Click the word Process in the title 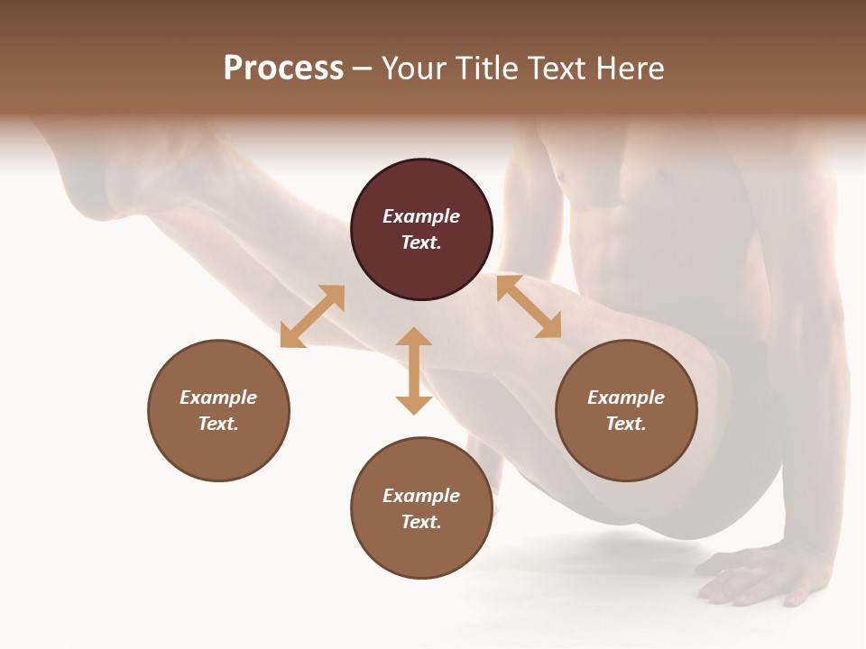coord(283,69)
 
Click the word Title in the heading coord(484,69)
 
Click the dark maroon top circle coord(421,230)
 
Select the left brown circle coord(218,410)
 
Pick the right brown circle coord(626,410)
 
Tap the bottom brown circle coord(421,507)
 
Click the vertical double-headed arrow coord(414,370)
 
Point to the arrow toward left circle coord(312,316)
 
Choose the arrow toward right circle coord(530,306)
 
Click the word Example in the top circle coord(421,216)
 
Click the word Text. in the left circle coord(218,424)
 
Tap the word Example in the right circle coord(626,398)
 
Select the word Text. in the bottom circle coord(421,522)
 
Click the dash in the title coord(362,69)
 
